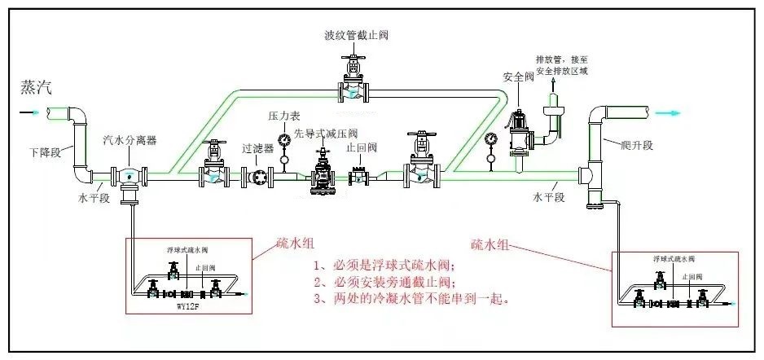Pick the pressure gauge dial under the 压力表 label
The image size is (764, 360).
tap(283, 140)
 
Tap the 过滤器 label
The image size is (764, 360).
tap(257, 149)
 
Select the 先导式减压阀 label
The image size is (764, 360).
tap(326, 133)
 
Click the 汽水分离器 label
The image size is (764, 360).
tap(130, 140)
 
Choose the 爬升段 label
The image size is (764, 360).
tap(637, 144)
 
